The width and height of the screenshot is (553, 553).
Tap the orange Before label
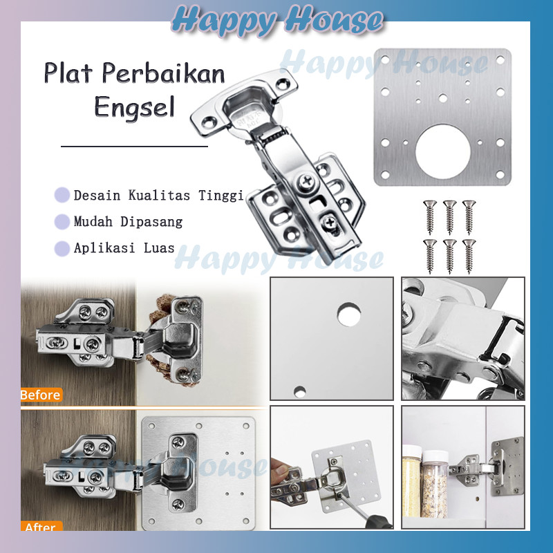tap(41, 395)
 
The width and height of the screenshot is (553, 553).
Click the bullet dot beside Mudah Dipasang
tap(62, 222)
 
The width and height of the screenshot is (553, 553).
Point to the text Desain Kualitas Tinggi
tap(158, 196)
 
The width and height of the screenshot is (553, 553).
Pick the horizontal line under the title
tap(134, 147)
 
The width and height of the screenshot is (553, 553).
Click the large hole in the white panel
tap(349, 315)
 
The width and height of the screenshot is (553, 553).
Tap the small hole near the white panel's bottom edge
tap(299, 391)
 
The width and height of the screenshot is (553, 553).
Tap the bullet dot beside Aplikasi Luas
tap(62, 248)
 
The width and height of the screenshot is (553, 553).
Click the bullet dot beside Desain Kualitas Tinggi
tap(62, 196)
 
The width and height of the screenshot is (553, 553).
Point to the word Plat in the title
tap(66, 73)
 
